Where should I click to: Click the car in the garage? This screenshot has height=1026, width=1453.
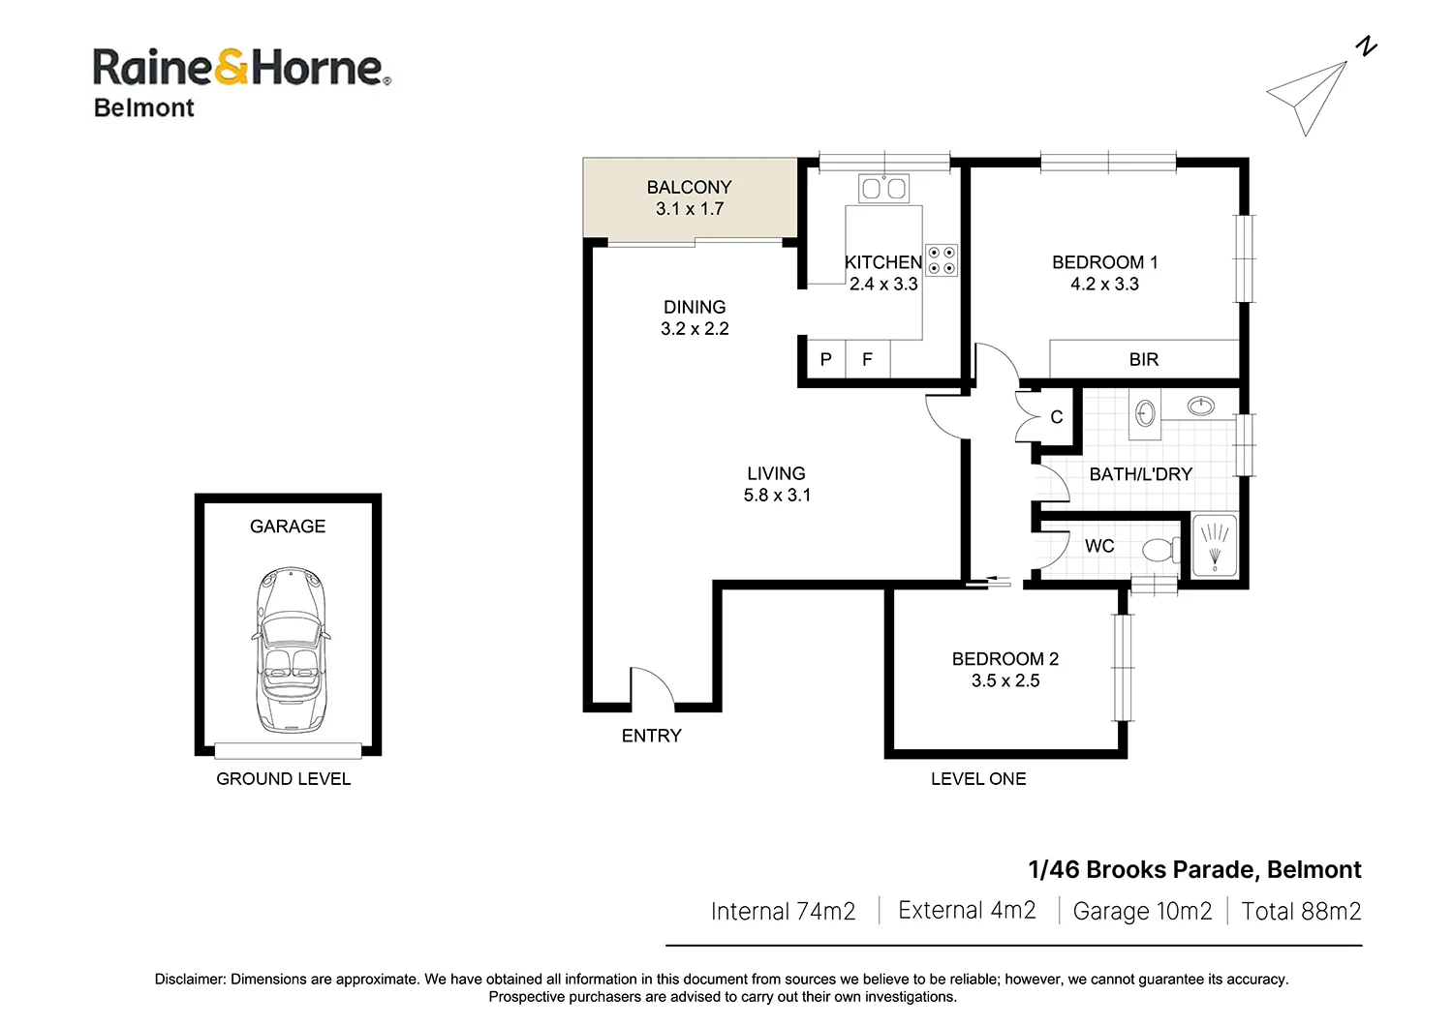(x=290, y=650)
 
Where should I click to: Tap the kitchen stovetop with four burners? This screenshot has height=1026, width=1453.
(x=942, y=260)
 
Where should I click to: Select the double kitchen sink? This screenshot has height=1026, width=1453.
(x=883, y=189)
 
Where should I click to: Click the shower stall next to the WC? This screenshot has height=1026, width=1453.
(x=1215, y=544)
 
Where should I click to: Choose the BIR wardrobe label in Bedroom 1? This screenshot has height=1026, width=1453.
(x=1144, y=359)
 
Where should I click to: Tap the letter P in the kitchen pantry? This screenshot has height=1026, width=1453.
(x=825, y=359)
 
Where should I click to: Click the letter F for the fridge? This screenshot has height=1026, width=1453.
(x=867, y=359)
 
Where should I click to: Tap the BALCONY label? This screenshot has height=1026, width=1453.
(x=689, y=188)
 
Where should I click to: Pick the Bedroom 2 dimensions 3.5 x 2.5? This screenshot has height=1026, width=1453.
(x=1005, y=680)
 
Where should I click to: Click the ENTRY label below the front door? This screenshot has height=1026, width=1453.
(x=651, y=736)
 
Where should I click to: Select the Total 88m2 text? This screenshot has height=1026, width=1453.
(x=1301, y=911)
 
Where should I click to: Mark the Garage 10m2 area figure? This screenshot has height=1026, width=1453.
(x=1142, y=911)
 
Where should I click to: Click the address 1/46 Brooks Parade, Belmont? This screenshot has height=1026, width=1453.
(x=1194, y=869)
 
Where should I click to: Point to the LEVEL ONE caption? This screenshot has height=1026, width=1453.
(x=978, y=778)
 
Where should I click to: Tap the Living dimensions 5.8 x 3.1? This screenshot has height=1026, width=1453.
(x=777, y=496)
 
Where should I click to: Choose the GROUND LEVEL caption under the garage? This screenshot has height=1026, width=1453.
(x=284, y=778)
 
